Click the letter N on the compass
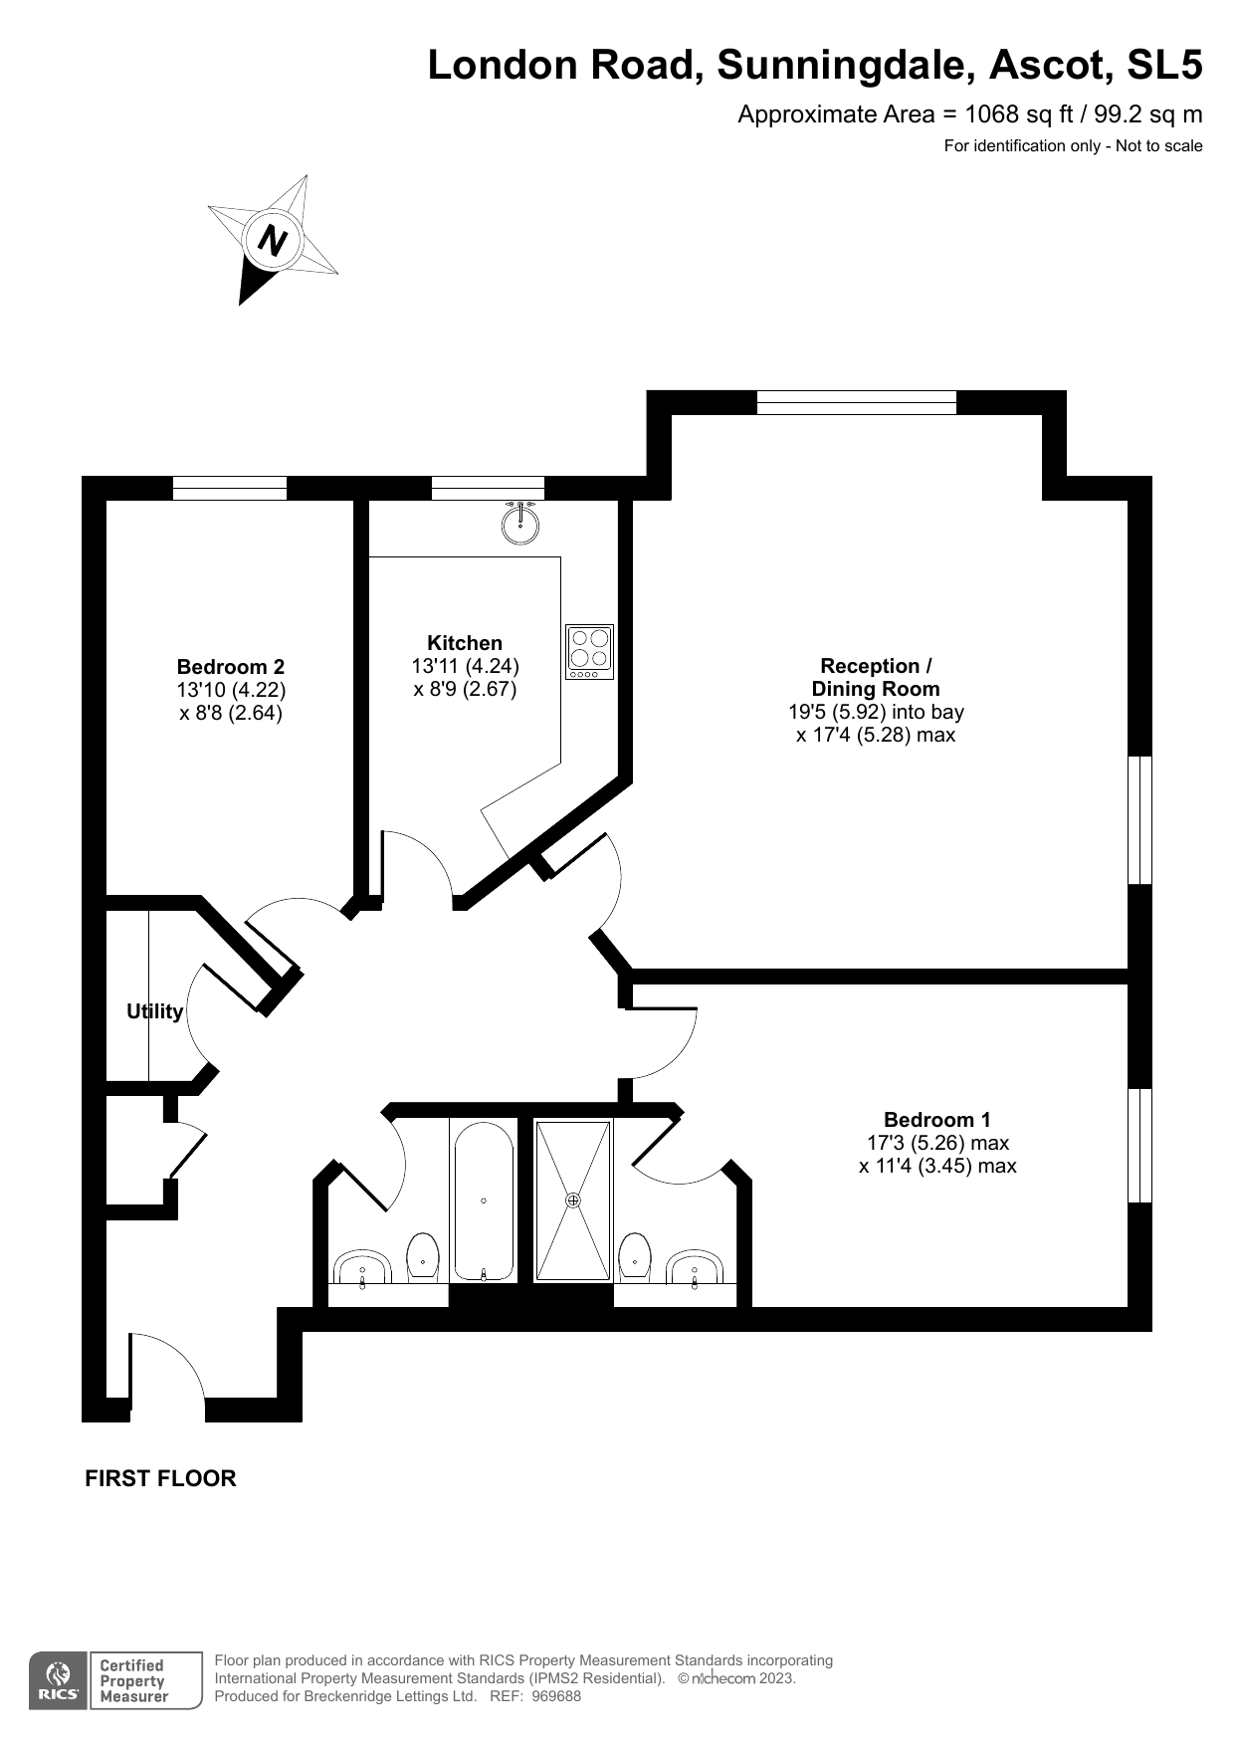point(272,240)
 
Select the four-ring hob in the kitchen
point(589,652)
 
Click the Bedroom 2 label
point(231,667)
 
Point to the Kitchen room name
point(465,643)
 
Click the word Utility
point(155,1011)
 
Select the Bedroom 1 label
point(937,1120)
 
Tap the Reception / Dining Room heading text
point(876,677)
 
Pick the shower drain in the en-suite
point(573,1201)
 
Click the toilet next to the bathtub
point(424,1256)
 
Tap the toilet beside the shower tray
point(635,1256)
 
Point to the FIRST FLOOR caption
point(160,1478)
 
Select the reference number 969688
point(556,1696)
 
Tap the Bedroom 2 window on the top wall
point(230,488)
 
